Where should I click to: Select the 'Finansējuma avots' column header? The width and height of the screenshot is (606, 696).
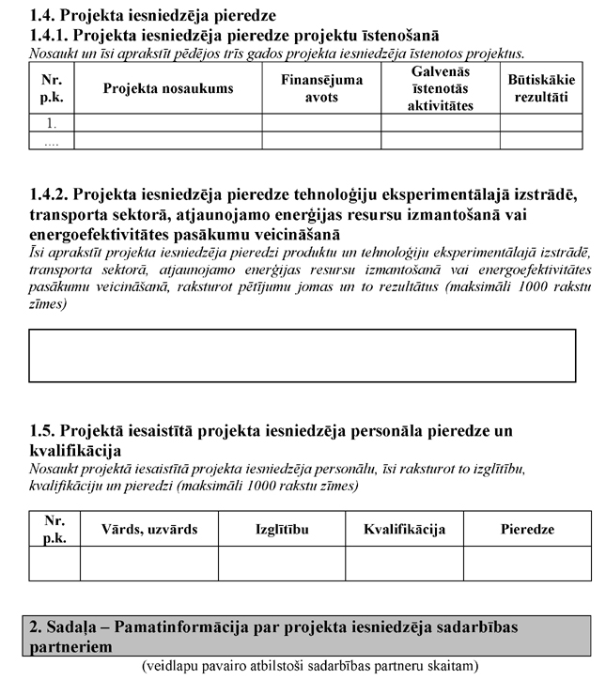pyautogui.click(x=321, y=88)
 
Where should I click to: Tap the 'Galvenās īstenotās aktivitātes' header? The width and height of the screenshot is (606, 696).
pyautogui.click(x=440, y=88)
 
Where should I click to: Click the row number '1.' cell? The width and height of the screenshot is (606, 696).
pyautogui.click(x=52, y=122)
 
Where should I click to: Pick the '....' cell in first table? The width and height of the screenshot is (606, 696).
pyautogui.click(x=52, y=140)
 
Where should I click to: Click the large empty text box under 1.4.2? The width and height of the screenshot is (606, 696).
pyautogui.click(x=302, y=355)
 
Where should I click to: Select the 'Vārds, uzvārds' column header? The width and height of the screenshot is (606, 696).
pyautogui.click(x=149, y=529)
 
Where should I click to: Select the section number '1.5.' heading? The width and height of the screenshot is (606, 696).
pyautogui.click(x=44, y=432)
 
